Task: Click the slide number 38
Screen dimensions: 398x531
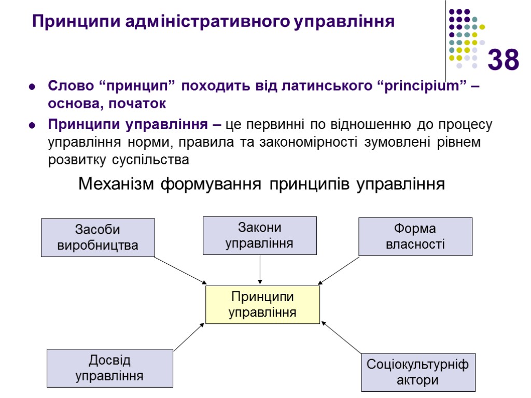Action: coord(503,60)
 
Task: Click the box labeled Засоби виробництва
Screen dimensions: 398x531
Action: coord(98,237)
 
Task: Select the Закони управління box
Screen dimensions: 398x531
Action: coord(259,235)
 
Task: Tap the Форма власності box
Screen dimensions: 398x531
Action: coord(415,236)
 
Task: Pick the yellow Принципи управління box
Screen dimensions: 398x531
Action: coord(262,305)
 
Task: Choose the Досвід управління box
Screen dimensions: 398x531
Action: coord(109,368)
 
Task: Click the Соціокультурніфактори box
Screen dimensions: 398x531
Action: coord(417,372)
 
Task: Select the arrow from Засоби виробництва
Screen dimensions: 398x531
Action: coord(180,270)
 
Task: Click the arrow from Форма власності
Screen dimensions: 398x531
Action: coord(339,270)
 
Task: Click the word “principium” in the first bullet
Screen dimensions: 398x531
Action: coord(421,86)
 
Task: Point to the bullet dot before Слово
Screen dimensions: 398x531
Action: coord(32,87)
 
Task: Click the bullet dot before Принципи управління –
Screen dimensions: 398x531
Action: coord(32,125)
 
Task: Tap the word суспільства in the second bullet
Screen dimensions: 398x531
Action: coord(151,160)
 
